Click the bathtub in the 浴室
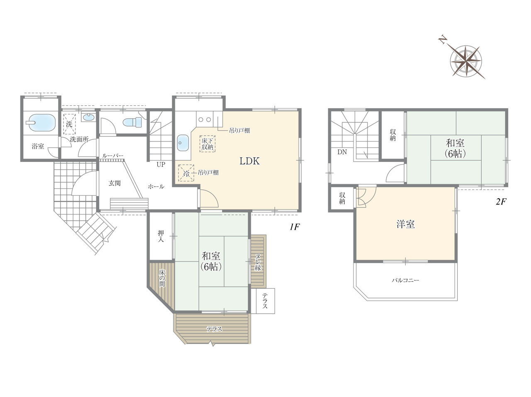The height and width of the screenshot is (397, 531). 41,123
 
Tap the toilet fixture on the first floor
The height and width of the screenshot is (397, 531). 133,122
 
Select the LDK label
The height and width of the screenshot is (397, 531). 250,161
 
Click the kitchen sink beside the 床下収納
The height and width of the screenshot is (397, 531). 183,142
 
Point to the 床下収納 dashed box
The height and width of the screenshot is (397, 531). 207,144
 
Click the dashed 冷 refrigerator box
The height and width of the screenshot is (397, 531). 186,173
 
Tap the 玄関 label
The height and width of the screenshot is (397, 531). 114,183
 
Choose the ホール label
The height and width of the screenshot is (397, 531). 156,187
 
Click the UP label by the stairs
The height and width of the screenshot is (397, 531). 161,165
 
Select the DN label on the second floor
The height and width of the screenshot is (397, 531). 342,152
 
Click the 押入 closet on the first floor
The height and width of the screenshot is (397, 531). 161,236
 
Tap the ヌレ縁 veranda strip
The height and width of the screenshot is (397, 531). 258,261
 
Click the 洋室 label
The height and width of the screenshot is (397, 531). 406,224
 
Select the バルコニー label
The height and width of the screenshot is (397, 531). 405,280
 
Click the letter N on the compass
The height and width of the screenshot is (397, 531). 443,46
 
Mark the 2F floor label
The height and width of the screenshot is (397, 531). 501,202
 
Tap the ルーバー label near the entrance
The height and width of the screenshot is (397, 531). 113,156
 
